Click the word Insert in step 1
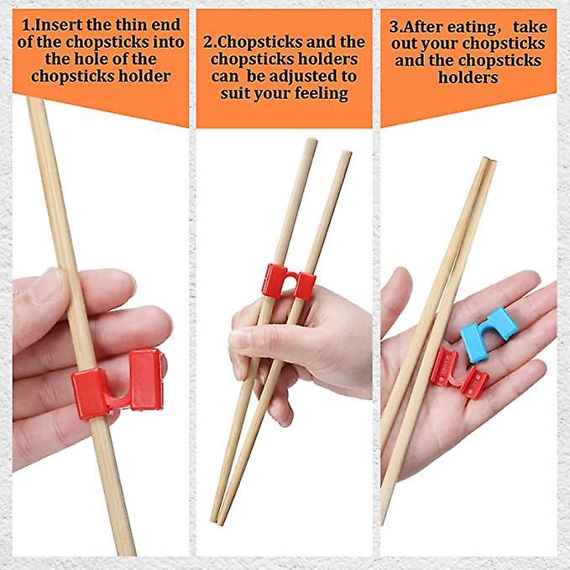click(x=60, y=23)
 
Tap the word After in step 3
click(x=434, y=24)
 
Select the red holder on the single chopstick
click(x=118, y=383)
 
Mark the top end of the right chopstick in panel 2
click(x=345, y=154)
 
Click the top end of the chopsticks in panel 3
click(x=488, y=161)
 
